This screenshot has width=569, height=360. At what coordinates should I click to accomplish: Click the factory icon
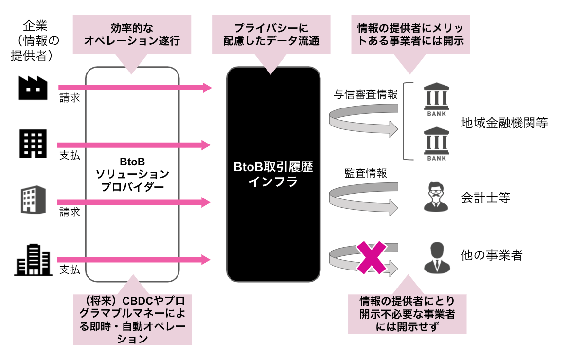click(33, 88)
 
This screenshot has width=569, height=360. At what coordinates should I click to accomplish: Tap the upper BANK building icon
click(437, 99)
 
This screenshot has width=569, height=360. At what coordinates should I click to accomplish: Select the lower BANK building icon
click(437, 144)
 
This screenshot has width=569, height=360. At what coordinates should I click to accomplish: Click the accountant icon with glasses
click(436, 197)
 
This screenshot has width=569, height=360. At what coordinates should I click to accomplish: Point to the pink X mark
click(371, 257)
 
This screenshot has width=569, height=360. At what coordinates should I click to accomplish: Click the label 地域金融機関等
click(504, 123)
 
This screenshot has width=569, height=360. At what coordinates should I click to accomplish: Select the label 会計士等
click(485, 198)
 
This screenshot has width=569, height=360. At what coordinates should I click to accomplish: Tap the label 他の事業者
click(492, 255)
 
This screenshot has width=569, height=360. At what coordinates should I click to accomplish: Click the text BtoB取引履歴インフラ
click(273, 174)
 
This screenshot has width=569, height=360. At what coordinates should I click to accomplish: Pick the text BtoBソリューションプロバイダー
click(132, 174)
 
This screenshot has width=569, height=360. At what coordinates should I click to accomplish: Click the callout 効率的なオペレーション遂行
click(132, 35)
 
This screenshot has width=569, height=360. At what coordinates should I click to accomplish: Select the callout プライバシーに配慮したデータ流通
click(271, 35)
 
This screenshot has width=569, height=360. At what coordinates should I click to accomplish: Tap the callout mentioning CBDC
click(132, 320)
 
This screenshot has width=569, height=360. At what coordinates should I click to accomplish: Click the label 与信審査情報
click(366, 94)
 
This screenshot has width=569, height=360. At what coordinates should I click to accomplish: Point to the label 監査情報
click(366, 173)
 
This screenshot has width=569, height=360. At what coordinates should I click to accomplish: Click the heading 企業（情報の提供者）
click(35, 40)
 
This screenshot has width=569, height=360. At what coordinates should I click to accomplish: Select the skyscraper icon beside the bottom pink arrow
click(33, 260)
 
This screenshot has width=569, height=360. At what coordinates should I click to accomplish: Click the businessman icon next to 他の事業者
click(437, 258)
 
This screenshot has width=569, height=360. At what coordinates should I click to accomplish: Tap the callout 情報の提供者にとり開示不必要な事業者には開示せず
click(407, 314)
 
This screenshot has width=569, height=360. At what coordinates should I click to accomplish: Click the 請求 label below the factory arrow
click(70, 98)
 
